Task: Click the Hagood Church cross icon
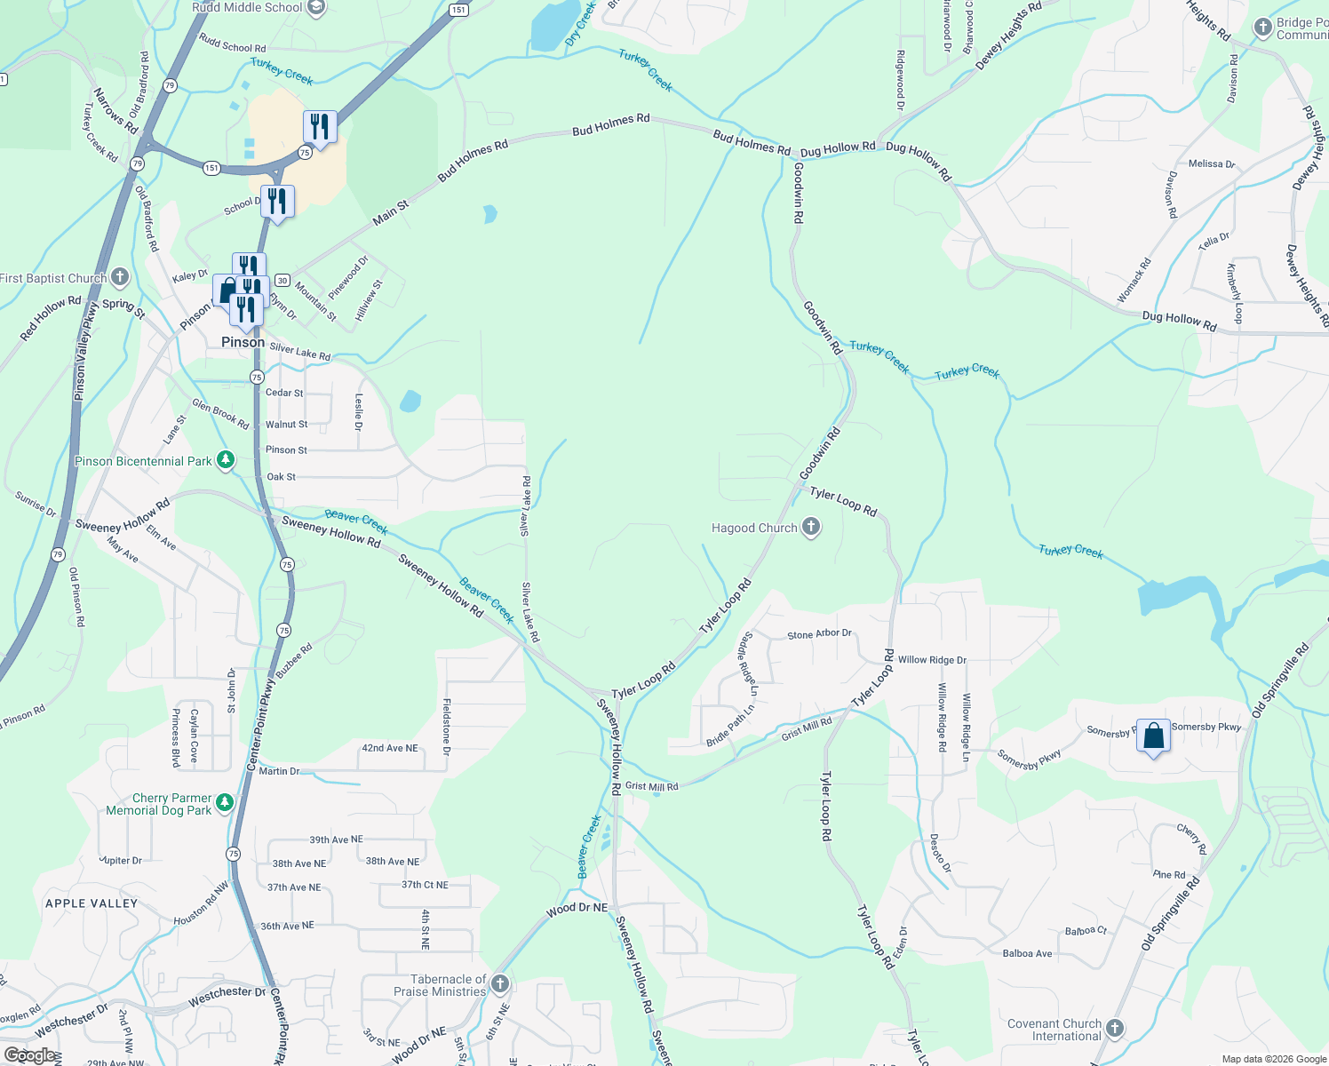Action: [x=810, y=528]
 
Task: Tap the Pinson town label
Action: [x=243, y=342]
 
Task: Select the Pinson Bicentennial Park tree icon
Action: [x=226, y=460]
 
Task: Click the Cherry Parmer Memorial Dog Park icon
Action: [x=225, y=803]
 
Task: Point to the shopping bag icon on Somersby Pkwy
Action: [x=1153, y=736]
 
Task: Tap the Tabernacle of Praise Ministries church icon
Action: [x=500, y=984]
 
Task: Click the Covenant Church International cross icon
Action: [x=1115, y=1029]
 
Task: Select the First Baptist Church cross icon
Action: [x=120, y=277]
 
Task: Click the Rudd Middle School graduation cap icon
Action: [x=315, y=7]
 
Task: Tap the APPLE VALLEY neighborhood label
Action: [x=92, y=903]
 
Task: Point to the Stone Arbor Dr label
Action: [x=819, y=634]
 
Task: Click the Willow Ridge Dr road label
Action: [x=932, y=660]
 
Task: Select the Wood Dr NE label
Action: [x=577, y=909]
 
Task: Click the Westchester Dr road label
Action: [x=227, y=997]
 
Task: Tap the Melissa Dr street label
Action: [x=1212, y=164]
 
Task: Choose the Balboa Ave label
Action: [x=1027, y=954]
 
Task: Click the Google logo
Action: [x=29, y=1055]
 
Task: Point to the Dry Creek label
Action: [x=580, y=23]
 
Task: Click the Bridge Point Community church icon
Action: [x=1262, y=28]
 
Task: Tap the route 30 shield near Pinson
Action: [x=282, y=279]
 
